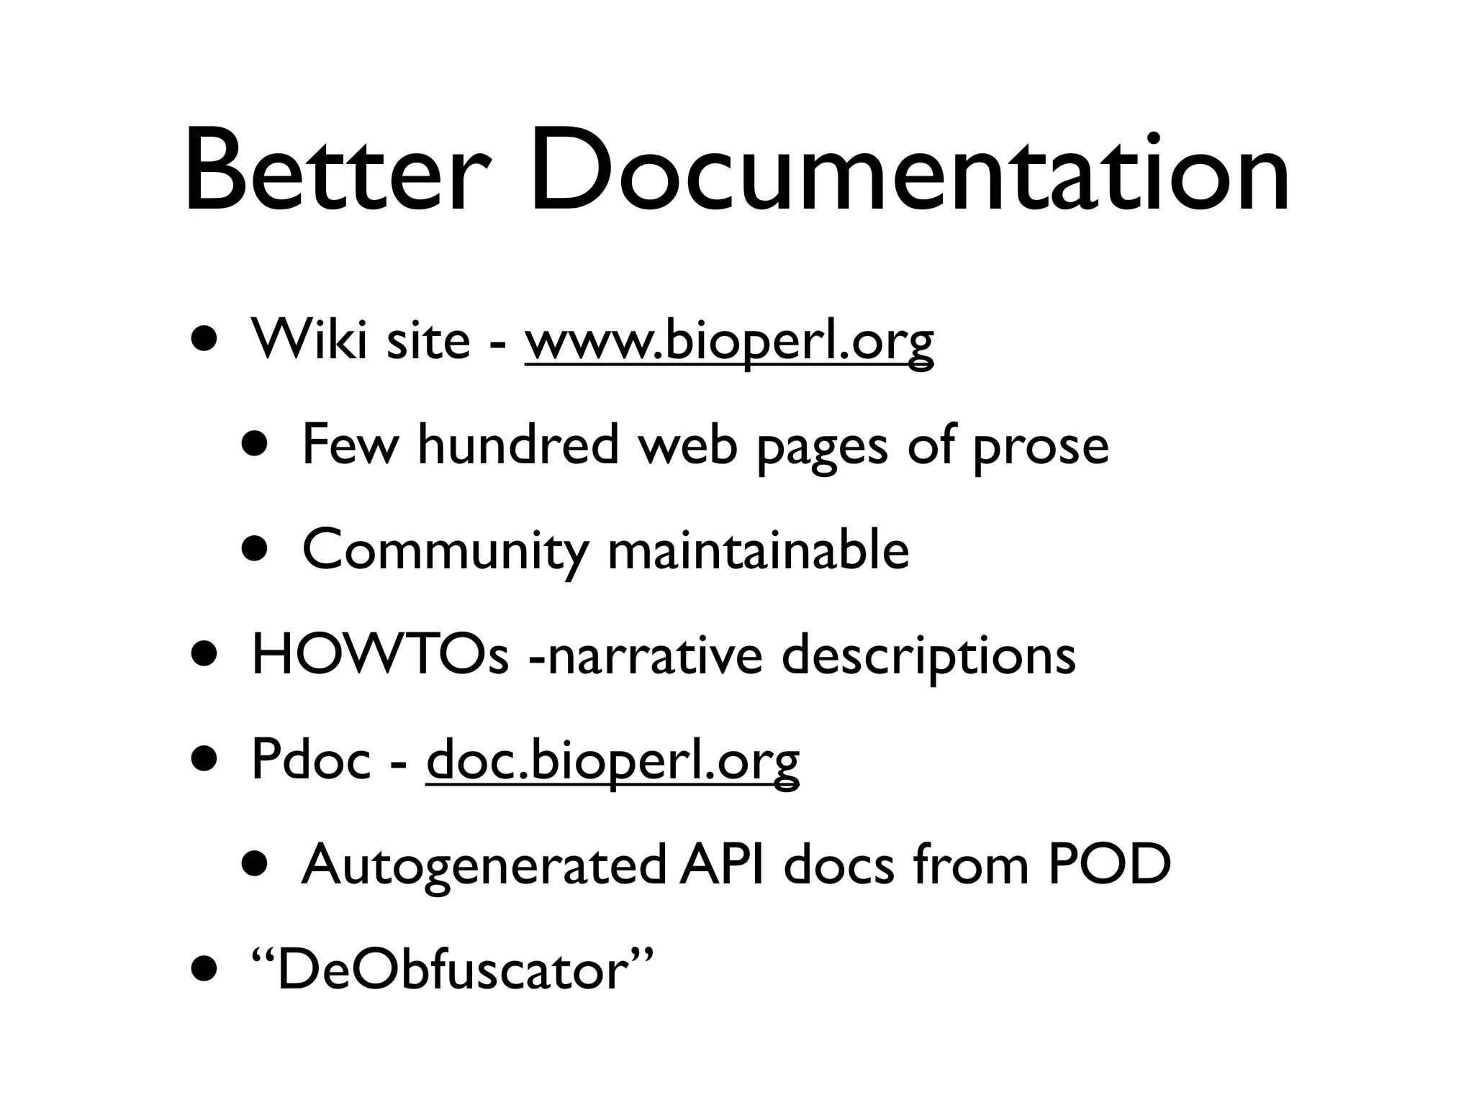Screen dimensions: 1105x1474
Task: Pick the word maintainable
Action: pyautogui.click(x=759, y=550)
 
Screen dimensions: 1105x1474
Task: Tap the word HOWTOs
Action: pyautogui.click(x=380, y=655)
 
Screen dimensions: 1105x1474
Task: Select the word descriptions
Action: pyautogui.click(x=928, y=657)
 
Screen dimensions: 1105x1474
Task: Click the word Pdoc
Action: pyautogui.click(x=310, y=760)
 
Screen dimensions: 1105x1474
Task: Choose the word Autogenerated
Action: pyautogui.click(x=483, y=866)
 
